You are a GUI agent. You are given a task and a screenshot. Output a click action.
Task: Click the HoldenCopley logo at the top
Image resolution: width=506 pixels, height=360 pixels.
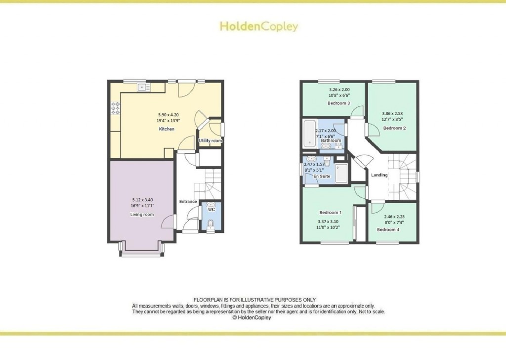[258, 26]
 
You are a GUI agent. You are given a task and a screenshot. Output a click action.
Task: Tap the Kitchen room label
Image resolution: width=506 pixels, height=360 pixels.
[167, 129]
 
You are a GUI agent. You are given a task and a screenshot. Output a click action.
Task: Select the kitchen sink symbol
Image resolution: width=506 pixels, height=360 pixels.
[143, 88]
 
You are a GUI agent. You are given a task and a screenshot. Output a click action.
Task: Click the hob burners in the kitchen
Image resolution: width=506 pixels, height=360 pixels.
[116, 108]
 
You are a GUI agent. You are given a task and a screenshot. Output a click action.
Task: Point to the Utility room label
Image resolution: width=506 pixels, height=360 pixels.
[211, 141]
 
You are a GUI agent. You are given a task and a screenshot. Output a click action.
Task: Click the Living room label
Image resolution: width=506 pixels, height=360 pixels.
[142, 215]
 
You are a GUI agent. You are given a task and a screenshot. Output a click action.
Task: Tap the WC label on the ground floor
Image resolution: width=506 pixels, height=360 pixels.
[211, 210]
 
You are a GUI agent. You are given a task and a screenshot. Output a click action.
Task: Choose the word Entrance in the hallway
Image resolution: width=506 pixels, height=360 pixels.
[188, 202]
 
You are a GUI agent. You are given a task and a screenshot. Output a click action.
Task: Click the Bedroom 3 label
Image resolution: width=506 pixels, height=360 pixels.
[339, 103]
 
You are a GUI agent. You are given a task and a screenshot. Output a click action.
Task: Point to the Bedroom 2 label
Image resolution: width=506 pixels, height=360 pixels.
[394, 128]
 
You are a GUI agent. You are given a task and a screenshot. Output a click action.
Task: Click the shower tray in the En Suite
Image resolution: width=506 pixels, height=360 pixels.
[341, 173]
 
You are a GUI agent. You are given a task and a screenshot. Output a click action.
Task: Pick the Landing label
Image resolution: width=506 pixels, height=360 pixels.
[379, 175]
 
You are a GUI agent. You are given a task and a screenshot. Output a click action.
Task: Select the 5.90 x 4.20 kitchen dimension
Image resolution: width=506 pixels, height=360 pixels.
[167, 114]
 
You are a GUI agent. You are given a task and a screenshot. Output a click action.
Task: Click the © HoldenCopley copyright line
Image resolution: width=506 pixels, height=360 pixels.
[252, 318]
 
